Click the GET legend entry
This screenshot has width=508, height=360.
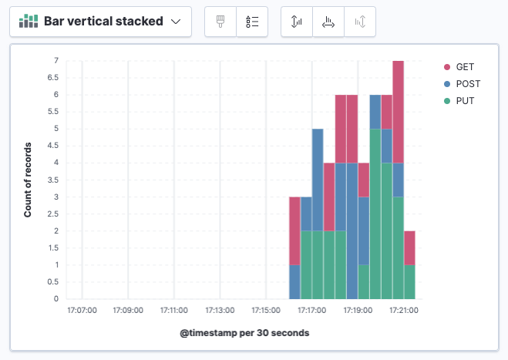[464, 67]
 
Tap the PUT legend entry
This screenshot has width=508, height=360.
[464, 101]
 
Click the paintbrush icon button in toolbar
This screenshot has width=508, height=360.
[220, 22]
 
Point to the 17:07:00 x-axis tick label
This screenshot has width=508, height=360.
[82, 311]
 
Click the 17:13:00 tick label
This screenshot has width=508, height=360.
[220, 311]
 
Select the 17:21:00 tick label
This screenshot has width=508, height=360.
[403, 311]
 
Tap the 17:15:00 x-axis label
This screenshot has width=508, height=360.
[266, 311]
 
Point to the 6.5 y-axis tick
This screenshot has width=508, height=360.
[52, 78]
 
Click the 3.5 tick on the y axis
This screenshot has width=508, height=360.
[52, 180]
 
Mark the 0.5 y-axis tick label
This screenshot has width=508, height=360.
[52, 281]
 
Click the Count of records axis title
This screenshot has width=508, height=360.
[28, 180]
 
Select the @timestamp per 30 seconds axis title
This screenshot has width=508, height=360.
[244, 333]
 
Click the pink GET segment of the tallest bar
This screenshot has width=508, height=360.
[398, 111]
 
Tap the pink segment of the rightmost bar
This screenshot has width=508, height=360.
[409, 247]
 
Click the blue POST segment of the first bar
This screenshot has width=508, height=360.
[294, 281]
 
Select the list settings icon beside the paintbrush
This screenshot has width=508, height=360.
[252, 22]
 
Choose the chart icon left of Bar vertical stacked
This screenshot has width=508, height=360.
[29, 22]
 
